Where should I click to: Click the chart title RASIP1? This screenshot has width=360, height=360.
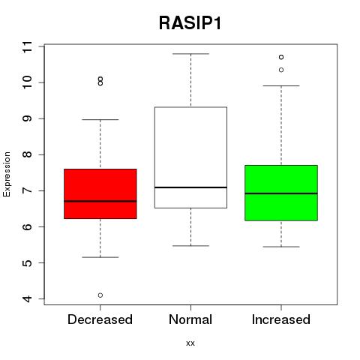click(x=190, y=23)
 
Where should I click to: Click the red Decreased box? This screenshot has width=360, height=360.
click(x=100, y=193)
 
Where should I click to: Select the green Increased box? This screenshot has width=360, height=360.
click(x=281, y=193)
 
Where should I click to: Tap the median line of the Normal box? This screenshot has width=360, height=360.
click(x=190, y=187)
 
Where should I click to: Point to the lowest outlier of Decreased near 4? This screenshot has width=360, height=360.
click(x=100, y=295)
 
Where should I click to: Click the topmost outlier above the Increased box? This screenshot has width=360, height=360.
click(x=281, y=57)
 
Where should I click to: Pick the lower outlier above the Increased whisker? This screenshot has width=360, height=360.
click(x=281, y=70)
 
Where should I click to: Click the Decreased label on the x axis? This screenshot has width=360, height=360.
click(x=100, y=319)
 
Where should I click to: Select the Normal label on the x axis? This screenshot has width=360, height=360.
click(x=190, y=319)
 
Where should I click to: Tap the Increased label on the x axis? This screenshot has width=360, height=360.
click(x=281, y=319)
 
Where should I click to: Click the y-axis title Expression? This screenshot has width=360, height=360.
click(x=7, y=174)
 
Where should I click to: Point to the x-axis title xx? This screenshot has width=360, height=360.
click(x=190, y=343)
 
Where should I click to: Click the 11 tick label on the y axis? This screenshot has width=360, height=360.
click(x=27, y=46)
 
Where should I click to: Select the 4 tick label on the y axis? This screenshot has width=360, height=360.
click(x=27, y=298)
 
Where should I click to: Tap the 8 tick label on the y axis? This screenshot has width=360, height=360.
click(x=27, y=154)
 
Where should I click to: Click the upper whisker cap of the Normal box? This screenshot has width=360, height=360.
click(x=190, y=54)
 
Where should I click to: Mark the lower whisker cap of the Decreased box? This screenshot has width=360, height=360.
click(x=100, y=257)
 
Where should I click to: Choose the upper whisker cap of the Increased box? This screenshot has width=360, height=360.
click(x=281, y=85)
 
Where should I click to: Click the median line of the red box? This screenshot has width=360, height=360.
click(x=100, y=201)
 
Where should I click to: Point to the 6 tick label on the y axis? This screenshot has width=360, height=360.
click(x=27, y=226)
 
